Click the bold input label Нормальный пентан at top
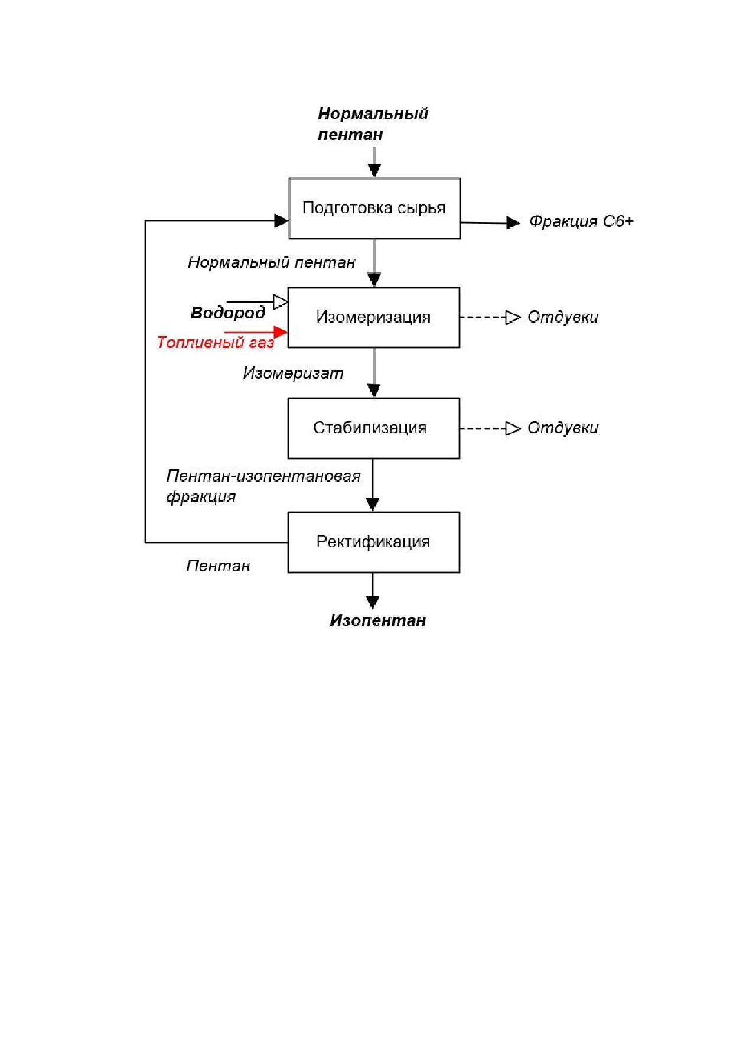click(373, 124)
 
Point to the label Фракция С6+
click(581, 222)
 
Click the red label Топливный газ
click(216, 343)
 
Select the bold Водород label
click(228, 313)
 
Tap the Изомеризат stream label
click(293, 373)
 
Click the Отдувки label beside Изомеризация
click(563, 317)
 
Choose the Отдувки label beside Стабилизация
click(563, 428)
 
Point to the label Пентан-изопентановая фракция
click(263, 486)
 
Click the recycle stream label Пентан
click(219, 566)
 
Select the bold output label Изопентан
click(378, 620)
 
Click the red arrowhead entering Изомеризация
click(281, 333)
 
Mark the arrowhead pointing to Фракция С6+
click(514, 223)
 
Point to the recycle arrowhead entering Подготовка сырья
click(281, 221)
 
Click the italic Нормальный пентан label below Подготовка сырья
click(272, 262)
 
